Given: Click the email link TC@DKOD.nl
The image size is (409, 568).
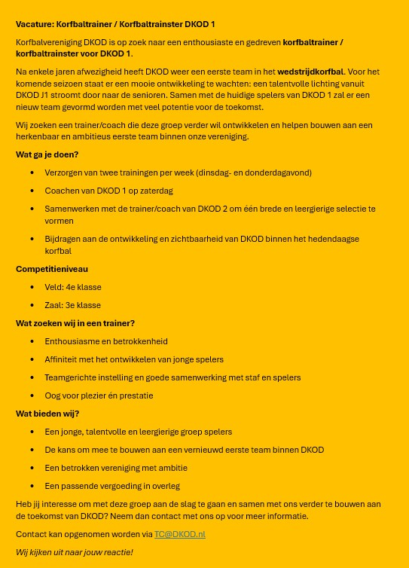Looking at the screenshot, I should point(179,534).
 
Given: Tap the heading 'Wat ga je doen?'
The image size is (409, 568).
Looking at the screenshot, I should point(47,154).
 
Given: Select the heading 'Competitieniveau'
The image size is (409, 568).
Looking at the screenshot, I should point(51,269).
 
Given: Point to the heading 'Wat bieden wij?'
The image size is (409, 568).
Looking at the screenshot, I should point(47,414).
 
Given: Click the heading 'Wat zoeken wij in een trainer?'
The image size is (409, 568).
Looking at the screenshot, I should point(75,323).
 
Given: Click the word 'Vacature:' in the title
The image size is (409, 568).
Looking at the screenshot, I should point(34,24).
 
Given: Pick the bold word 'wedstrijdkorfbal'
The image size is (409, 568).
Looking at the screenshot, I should point(310,72).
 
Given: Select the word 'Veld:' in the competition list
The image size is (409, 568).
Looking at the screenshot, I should point(54,287).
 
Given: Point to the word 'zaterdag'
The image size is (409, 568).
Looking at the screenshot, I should point(157,191).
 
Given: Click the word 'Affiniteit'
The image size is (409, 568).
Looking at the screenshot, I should point(63,359).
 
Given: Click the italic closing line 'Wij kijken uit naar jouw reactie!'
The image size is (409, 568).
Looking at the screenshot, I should point(74,552).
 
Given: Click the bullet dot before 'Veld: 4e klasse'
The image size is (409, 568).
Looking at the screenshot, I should point(32,287).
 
